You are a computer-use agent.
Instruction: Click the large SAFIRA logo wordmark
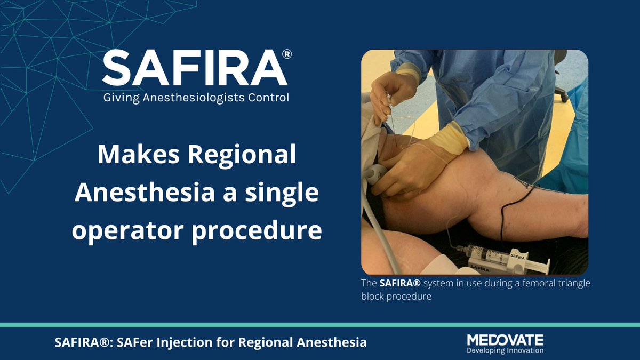[x=195, y=69]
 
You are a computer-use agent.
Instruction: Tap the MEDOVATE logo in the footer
[x=505, y=340]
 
